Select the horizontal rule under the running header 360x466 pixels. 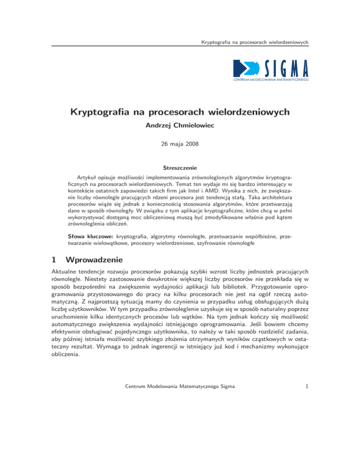click(180, 46)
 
